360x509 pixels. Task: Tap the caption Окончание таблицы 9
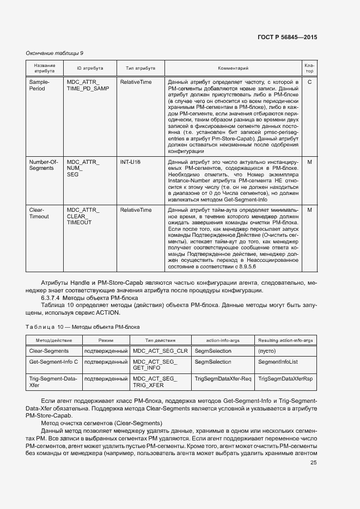[54, 53]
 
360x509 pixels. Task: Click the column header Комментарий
[233, 69]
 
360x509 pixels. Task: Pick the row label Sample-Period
[39, 84]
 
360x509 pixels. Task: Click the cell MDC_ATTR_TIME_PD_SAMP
[87, 84]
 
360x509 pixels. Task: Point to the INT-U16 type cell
[131, 162]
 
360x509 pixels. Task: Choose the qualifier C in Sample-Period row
[309, 82]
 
